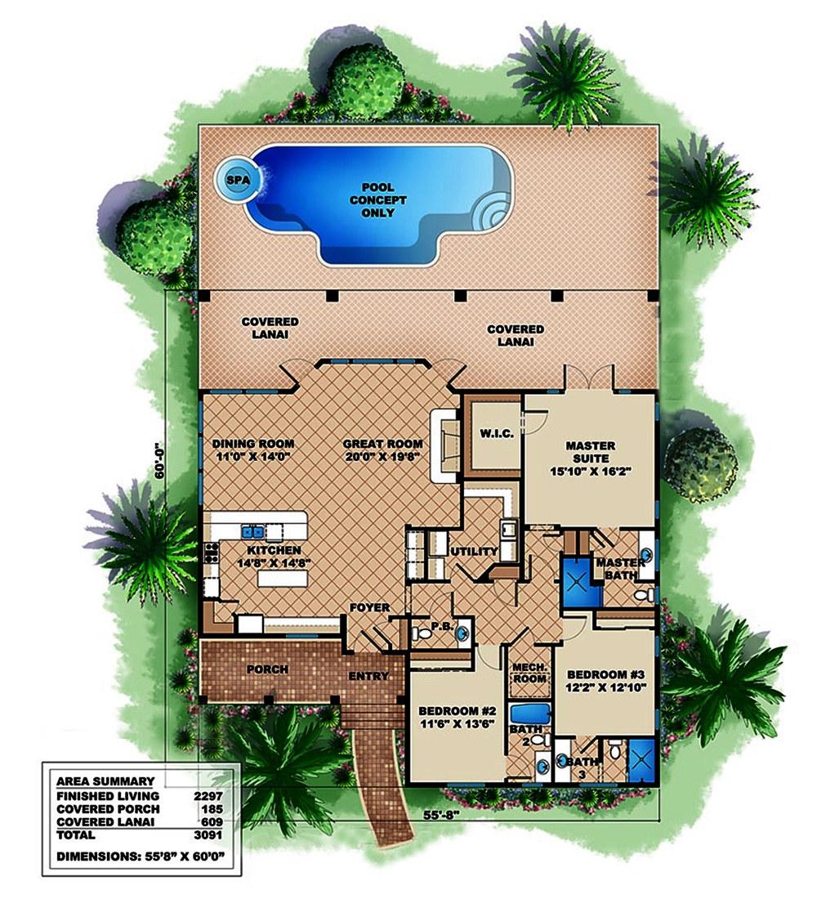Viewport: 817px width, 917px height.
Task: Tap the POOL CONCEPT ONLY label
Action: (x=377, y=200)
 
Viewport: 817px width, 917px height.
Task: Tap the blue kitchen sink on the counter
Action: (x=252, y=531)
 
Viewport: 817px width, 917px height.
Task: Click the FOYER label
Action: (x=369, y=607)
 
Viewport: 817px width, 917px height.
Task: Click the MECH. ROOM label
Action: (x=528, y=673)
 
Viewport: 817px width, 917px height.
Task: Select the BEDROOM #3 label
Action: (x=606, y=673)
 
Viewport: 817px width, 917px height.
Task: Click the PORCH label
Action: (x=267, y=669)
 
